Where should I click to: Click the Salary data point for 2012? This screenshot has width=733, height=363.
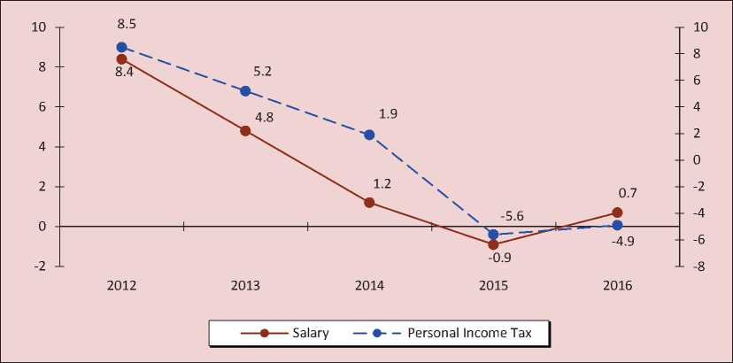121,58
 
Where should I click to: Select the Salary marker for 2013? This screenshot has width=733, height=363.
245,130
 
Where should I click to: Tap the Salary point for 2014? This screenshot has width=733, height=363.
369,202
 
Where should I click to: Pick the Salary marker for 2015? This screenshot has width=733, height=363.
493,244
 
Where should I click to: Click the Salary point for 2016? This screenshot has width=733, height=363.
617,212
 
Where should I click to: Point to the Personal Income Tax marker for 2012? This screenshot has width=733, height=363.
121,47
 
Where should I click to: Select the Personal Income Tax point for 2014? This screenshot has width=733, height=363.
369,135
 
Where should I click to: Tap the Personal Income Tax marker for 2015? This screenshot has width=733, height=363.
493,235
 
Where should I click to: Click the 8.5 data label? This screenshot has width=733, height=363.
124,26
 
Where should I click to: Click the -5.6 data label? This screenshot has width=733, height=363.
513,216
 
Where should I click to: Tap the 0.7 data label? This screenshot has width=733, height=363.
629,192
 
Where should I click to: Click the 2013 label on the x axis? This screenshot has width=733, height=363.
245,286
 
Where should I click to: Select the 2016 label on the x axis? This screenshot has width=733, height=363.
617,286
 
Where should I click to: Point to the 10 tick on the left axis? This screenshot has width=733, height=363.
39,27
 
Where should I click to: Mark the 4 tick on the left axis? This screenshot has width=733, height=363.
42,146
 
